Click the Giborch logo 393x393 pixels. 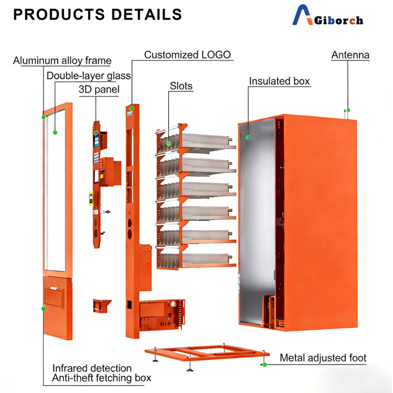tap(327, 15)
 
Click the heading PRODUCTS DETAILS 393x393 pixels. tap(98, 14)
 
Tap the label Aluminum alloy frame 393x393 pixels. tap(62, 60)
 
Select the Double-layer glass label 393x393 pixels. tap(89, 76)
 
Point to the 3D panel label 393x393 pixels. tap(99, 89)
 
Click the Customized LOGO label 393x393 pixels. tap(187, 55)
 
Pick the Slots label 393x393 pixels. tap(181, 86)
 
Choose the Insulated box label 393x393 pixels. tap(279, 81)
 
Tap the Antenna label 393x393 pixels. tap(350, 55)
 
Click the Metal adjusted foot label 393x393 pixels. tap(323, 357)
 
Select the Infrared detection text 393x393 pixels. tap(91, 368)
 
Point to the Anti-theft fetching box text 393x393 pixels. tap(102, 378)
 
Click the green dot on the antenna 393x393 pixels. tap(348, 110)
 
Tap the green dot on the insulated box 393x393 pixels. tap(248, 137)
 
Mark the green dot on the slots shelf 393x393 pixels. tap(169, 143)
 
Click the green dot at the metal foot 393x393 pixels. tap(264, 364)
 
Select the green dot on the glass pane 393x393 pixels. tap(55, 133)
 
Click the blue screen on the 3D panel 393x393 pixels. tap(97, 142)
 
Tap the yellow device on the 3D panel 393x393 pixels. tap(91, 198)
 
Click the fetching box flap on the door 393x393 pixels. tap(54, 297)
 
